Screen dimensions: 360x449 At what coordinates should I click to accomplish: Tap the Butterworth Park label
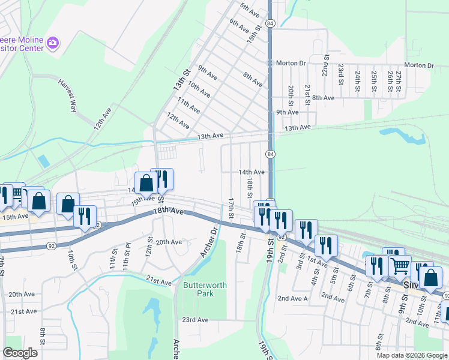pos(205,290)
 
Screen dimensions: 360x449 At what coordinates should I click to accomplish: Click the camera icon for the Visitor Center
pos(53,43)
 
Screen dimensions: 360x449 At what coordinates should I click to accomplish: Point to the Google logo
pos(20,353)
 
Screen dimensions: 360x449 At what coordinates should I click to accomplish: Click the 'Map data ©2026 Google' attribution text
pos(412,355)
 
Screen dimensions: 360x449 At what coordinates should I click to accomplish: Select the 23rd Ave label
pos(196,320)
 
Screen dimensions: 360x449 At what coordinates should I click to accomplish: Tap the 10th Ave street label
pos(198,91)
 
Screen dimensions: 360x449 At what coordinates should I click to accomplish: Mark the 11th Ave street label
pos(188,105)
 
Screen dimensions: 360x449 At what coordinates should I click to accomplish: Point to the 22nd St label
pos(325,64)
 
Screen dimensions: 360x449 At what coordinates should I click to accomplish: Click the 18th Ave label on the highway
pos(168,212)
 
